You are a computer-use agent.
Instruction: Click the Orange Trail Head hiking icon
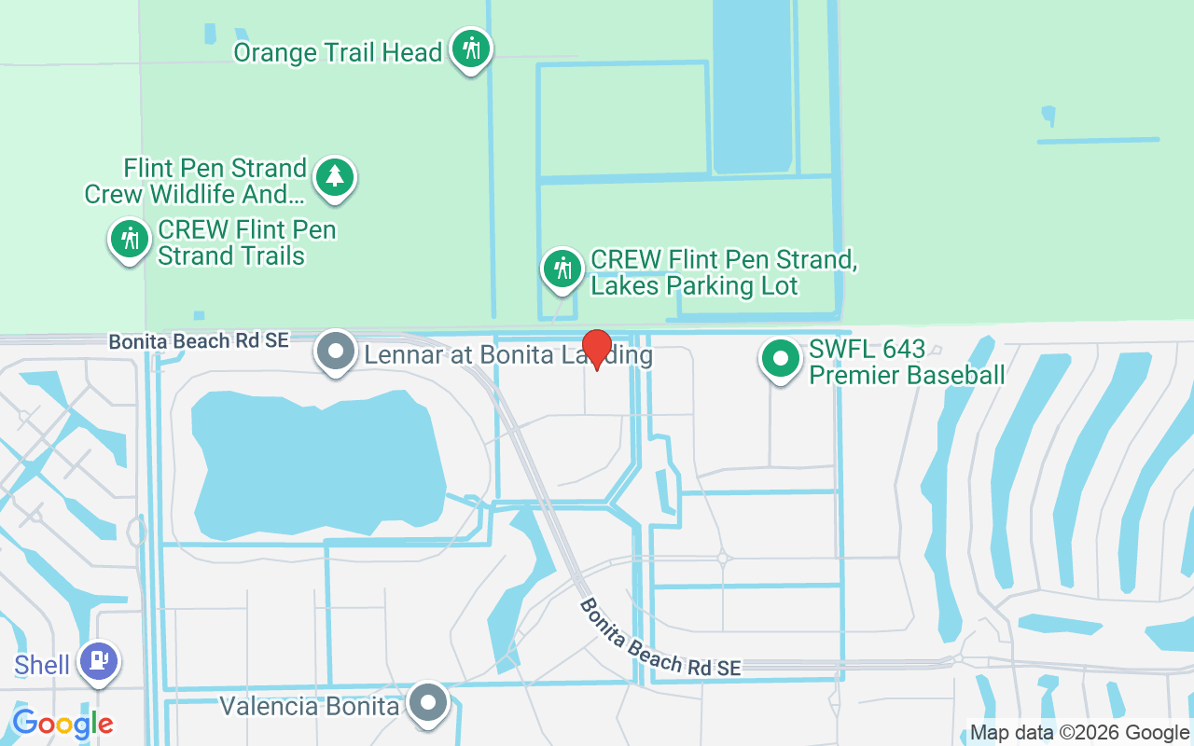pos(471,48)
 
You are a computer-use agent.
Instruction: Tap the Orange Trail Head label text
pos(338,52)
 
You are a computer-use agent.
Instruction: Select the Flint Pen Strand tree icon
pos(335,176)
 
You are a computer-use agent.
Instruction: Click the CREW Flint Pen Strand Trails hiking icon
pos(130,240)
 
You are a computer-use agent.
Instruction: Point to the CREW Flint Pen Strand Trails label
pos(246,242)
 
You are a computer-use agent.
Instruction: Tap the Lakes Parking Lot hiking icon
pos(562,269)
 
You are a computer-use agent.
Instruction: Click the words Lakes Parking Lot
pos(695,285)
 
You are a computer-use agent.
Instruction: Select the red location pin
pos(596,347)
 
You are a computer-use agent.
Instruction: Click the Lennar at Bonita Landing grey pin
pos(336,352)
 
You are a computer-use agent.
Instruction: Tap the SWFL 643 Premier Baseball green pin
pos(781,358)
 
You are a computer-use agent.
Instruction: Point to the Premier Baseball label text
pos(907,375)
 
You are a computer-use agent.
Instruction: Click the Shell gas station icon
pos(99,661)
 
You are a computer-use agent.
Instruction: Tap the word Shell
pos(42,665)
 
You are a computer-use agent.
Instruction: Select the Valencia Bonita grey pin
pos(429,704)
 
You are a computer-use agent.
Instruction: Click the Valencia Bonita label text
pos(310,706)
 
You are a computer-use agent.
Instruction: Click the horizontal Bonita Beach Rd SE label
pos(199,341)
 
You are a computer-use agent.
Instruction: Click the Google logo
pos(62,723)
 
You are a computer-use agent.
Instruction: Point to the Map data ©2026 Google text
pos(1079,733)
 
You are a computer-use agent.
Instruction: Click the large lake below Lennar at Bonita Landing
pos(317,462)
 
